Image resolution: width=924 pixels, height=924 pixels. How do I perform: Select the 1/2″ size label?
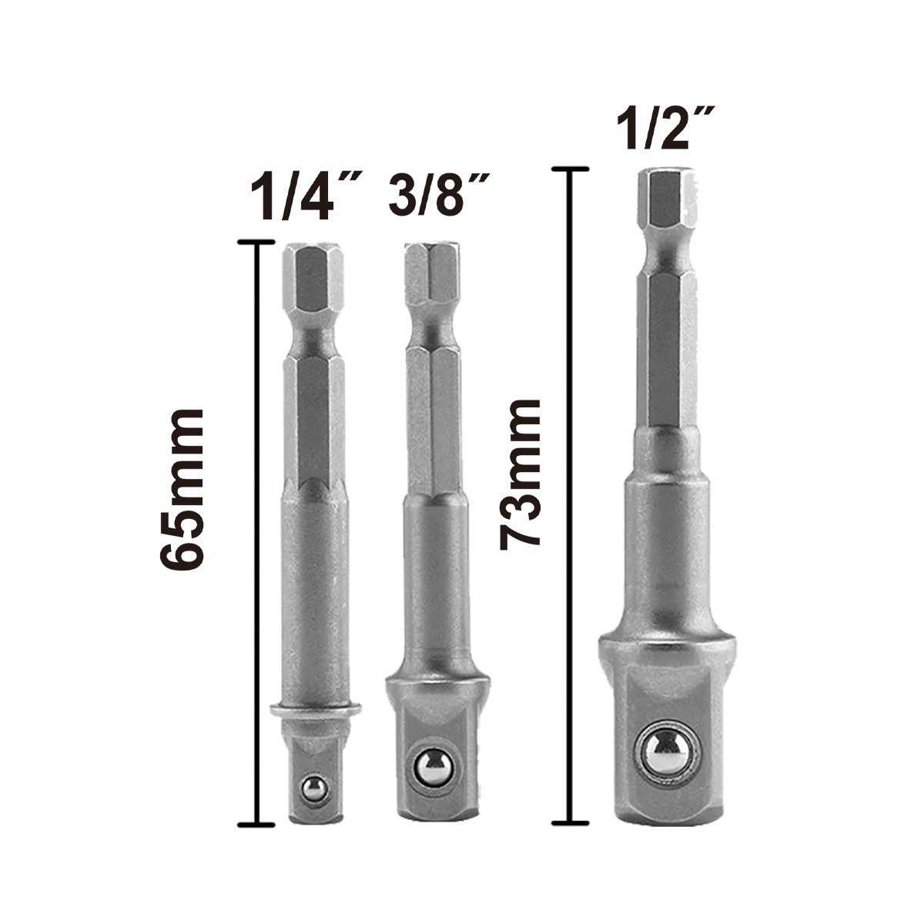pyautogui.click(x=666, y=128)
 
